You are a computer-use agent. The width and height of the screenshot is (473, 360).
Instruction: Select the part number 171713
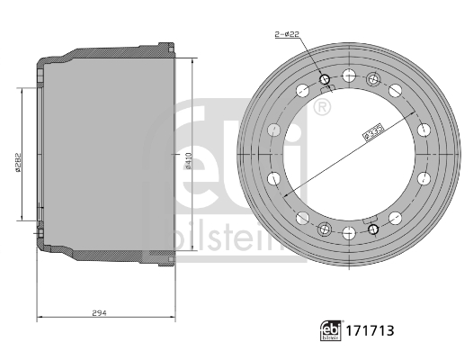(x=370, y=332)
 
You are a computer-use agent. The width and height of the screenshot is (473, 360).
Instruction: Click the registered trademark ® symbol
(x=320, y=109)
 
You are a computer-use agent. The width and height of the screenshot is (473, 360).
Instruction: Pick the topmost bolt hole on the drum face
(x=349, y=74)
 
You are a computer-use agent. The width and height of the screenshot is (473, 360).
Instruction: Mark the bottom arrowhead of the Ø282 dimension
(x=22, y=219)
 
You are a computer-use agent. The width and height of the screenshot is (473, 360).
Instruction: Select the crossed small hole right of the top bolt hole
(x=371, y=79)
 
